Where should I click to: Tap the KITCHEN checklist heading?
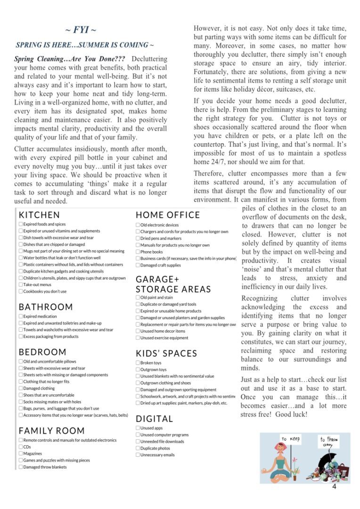pos(39,215)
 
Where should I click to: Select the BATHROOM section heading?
pos(46,307)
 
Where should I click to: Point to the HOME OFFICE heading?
pos(168,215)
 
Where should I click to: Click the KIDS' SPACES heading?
pos(166,353)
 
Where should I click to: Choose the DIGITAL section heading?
pos(155,419)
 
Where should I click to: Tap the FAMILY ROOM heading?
pos(52,431)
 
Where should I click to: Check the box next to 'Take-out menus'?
pos(21,285)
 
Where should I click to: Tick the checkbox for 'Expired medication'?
pos(21,317)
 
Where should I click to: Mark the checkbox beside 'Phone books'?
pos(138,252)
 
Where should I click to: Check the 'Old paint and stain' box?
pos(138,298)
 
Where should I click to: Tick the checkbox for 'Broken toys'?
pos(138,363)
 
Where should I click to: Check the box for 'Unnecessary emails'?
pos(138,455)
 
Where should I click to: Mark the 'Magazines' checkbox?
pos(21,453)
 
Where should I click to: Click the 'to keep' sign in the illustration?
pos(291,439)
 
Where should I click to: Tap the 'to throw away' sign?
pos(329,442)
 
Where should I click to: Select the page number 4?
pos(334,487)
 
